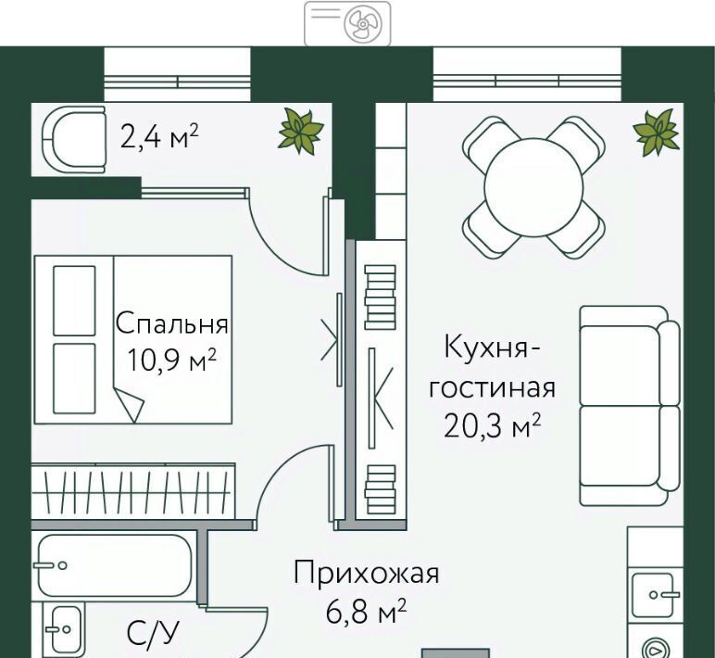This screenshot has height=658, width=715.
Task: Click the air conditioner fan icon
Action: point(362,24)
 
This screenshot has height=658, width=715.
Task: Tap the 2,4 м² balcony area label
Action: point(159,136)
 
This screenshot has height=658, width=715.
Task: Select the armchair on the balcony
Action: point(74,140)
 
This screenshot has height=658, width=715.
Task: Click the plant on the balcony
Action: point(301,131)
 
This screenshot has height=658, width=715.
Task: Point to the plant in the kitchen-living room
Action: point(657,130)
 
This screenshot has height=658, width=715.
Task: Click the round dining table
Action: point(534,186)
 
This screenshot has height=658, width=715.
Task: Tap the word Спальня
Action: point(171,323)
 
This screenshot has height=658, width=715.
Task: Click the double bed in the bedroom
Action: point(133,339)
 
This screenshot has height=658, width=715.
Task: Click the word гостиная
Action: point(492,389)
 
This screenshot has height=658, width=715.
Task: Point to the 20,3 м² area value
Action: point(493,425)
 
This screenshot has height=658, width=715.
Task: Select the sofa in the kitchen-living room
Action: point(629,405)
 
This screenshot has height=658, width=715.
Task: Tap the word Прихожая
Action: point(366,573)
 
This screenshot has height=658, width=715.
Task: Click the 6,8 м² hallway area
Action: point(366,612)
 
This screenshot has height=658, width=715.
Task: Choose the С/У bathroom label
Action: point(153,633)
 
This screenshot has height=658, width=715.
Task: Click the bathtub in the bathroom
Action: point(114,566)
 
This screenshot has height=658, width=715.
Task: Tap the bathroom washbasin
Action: point(64,629)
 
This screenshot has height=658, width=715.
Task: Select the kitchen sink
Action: point(657,595)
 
